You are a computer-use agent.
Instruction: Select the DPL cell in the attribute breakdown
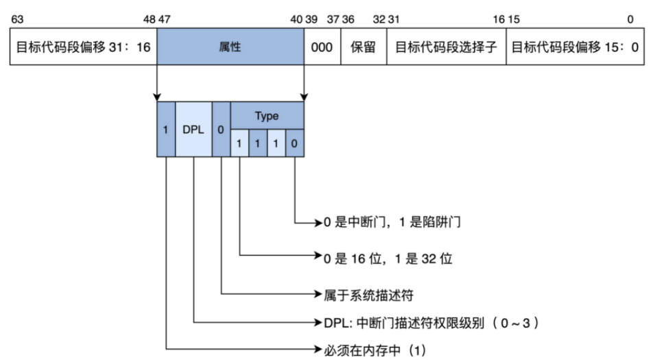coord(193,129)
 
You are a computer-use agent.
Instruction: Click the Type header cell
coord(267,116)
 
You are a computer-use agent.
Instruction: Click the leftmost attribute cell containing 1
coord(166,129)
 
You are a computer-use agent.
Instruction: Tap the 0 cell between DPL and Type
coord(221,129)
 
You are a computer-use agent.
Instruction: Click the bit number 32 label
coord(378,19)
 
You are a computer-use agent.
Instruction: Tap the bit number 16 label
coord(497,19)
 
